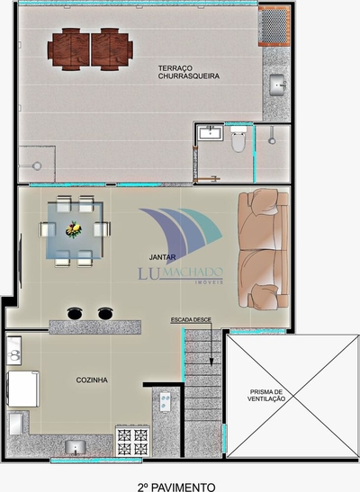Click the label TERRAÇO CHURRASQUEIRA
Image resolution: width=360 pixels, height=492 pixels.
[188, 72]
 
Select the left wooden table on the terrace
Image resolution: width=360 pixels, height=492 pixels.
[70, 48]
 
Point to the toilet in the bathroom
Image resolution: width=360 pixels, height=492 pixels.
[238, 140]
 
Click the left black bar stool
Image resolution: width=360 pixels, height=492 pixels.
[76, 313]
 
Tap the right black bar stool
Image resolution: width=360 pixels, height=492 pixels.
[106, 313]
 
